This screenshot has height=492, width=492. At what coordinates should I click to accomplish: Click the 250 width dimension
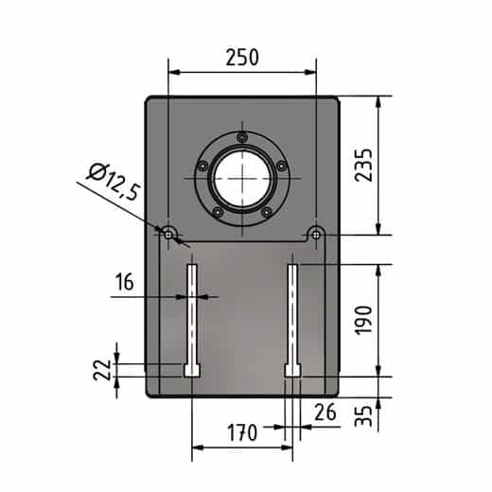pyautogui.click(x=242, y=57)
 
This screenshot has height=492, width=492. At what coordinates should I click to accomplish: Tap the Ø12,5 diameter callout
pyautogui.click(x=113, y=181)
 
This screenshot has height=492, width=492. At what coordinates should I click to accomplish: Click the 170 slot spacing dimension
pyautogui.click(x=242, y=434)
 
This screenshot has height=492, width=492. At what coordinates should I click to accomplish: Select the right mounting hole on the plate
pyautogui.click(x=316, y=233)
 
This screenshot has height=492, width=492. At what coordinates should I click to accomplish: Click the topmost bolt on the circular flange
pyautogui.click(x=242, y=137)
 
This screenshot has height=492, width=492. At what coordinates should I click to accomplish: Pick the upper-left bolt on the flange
pyautogui.click(x=202, y=162)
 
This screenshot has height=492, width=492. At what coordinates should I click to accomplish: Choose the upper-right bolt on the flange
pyautogui.click(x=282, y=162)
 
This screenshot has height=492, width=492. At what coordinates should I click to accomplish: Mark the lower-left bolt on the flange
pyautogui.click(x=218, y=212)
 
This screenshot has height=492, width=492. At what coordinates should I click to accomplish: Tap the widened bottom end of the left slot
pyautogui.click(x=192, y=370)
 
